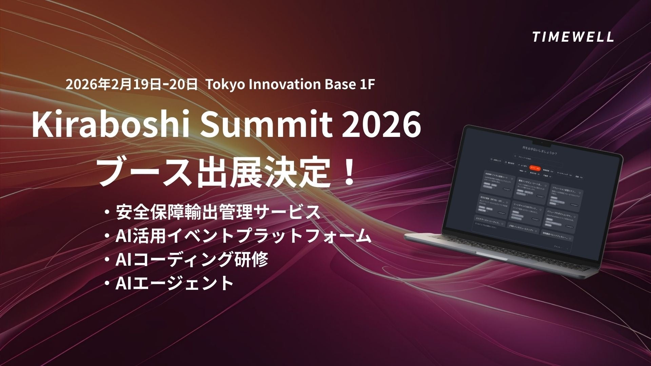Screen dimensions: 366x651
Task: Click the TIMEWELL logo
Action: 573,37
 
